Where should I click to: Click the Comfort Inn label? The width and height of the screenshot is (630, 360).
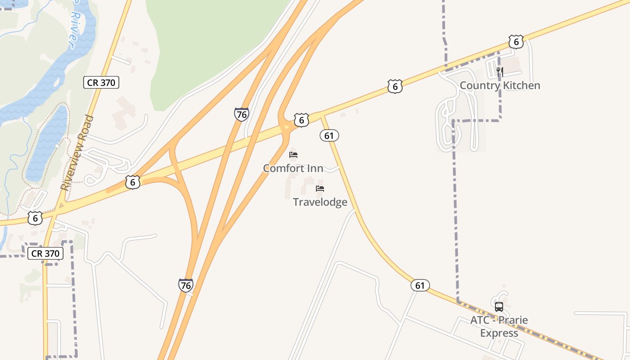pyautogui.click(x=293, y=168)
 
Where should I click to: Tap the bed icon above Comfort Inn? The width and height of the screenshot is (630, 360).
pyautogui.click(x=293, y=155)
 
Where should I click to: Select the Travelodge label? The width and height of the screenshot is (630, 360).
pyautogui.click(x=320, y=202)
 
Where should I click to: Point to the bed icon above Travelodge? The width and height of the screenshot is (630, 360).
pyautogui.click(x=320, y=188)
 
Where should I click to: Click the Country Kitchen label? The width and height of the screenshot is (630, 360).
pyautogui.click(x=499, y=85)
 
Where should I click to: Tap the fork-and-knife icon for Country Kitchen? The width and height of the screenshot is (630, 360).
pyautogui.click(x=499, y=71)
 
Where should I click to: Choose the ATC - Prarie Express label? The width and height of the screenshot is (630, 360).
pyautogui.click(x=499, y=326)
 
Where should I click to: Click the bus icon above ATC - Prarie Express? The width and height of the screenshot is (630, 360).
pyautogui.click(x=499, y=307)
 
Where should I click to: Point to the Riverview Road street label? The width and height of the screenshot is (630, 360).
pyautogui.click(x=77, y=153)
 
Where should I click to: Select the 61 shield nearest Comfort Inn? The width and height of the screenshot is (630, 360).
pyautogui.click(x=329, y=135)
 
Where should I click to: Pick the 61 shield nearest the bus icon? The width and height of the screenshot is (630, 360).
pyautogui.click(x=420, y=285)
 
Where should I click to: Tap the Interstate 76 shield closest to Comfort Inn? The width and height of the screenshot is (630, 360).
pyautogui.click(x=242, y=114)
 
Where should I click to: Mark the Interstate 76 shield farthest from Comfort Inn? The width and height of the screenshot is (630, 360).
pyautogui.click(x=185, y=285)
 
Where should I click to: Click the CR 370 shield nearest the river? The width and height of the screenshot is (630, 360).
pyautogui.click(x=101, y=82)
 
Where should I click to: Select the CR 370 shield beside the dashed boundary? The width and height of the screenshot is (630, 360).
pyautogui.click(x=45, y=253)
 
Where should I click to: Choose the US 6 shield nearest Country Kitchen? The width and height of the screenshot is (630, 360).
pyautogui.click(x=516, y=42)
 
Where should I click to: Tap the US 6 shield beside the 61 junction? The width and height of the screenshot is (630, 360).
pyautogui.click(x=301, y=120)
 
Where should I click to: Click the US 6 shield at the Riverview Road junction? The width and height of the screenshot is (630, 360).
pyautogui.click(x=35, y=218)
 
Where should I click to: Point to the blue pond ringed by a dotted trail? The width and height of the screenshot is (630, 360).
pyautogui.click(x=47, y=144)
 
